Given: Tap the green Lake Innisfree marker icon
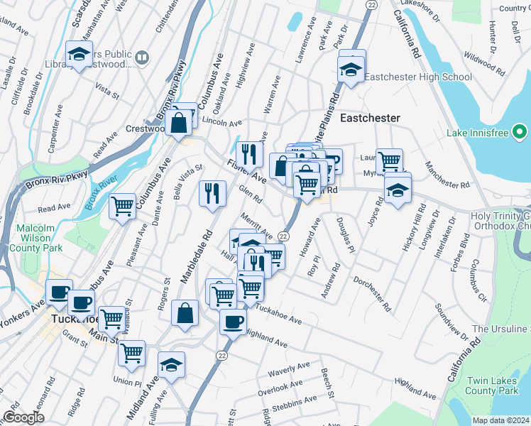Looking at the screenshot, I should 520,132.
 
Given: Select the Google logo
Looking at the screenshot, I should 23,417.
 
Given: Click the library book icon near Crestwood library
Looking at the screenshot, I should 142,57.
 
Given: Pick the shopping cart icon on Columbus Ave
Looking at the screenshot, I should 122,206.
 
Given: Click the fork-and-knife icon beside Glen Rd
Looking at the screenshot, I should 212,193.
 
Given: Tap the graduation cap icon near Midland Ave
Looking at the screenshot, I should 170,365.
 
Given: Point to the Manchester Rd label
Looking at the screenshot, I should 448,174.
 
